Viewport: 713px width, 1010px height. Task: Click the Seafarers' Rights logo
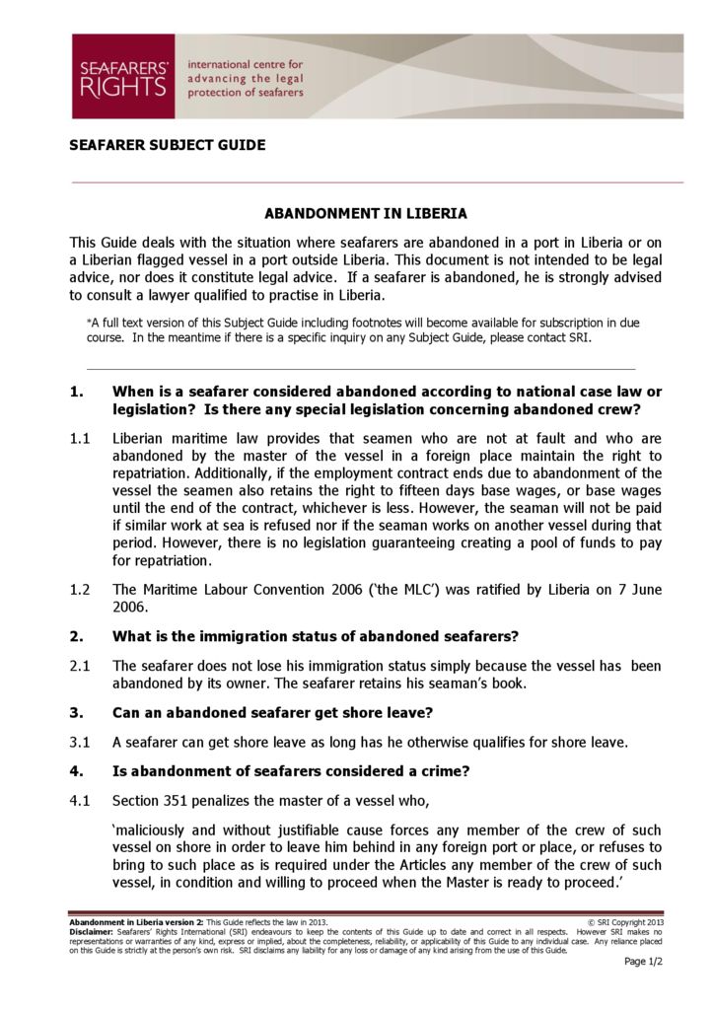[122, 77]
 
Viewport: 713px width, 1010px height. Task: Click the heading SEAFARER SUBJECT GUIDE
[167, 145]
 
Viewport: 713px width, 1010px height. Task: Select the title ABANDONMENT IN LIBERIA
[366, 213]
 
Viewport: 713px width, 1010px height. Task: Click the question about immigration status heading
[316, 635]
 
